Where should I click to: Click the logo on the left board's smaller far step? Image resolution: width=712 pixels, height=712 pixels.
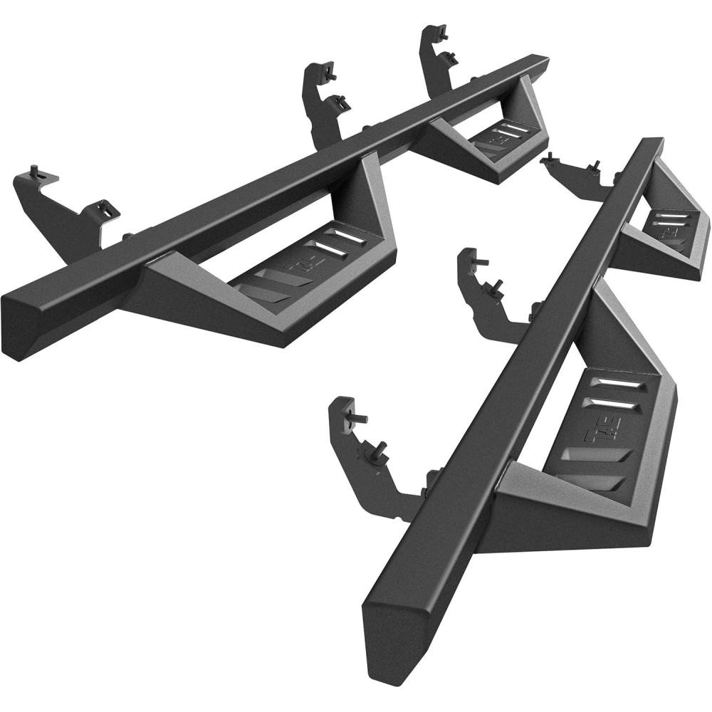point(498,140)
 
